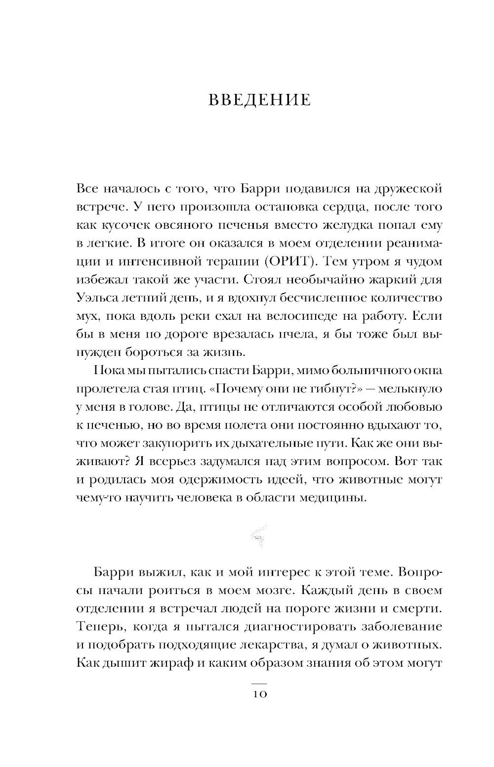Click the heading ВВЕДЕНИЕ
pyautogui.click(x=260, y=100)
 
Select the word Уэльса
pyautogui.click(x=97, y=298)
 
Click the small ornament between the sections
pyautogui.click(x=258, y=535)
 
